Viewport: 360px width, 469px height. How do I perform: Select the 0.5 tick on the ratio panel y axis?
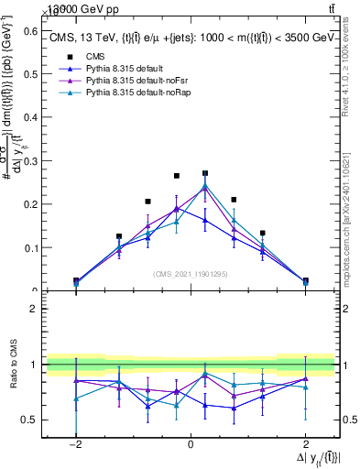(28, 420)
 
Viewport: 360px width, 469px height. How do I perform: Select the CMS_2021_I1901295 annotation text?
(191, 274)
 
